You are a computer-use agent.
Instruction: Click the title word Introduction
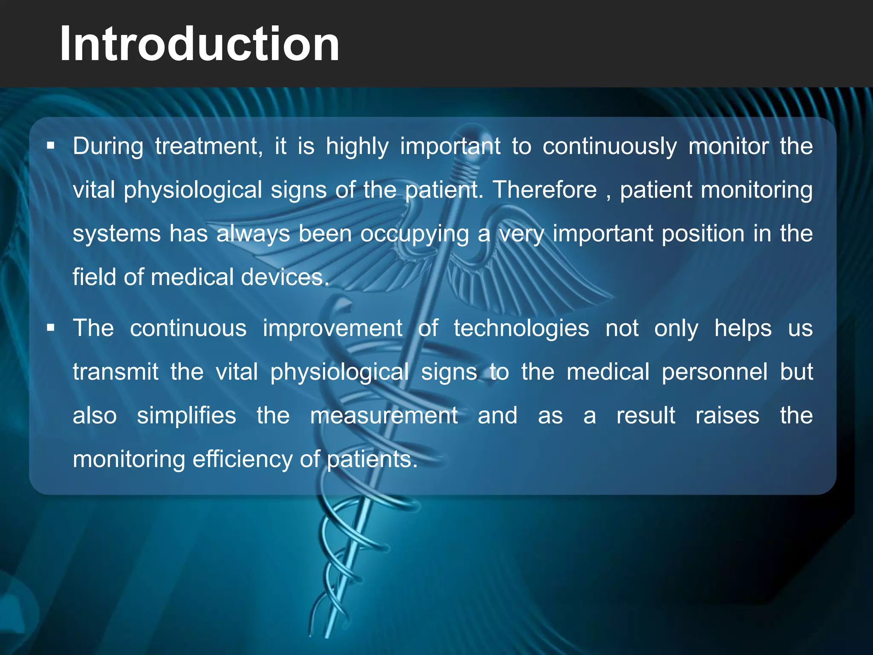tap(199, 44)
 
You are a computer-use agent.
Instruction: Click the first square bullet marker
tap(51, 147)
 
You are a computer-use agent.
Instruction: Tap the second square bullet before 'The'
tap(51, 328)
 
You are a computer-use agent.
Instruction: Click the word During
tap(108, 146)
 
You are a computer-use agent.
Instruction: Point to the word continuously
tap(610, 146)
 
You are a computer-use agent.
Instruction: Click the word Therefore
tap(545, 190)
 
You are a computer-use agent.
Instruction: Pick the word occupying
tap(414, 234)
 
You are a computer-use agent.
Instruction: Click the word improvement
tap(332, 328)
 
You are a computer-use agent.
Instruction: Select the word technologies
tap(521, 328)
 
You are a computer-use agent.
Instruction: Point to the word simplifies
tap(186, 416)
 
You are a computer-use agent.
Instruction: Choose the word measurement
tap(384, 416)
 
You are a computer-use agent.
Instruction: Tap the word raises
tap(727, 416)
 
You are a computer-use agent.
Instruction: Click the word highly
tap(357, 146)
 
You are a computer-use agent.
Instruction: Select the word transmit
tap(116, 372)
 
